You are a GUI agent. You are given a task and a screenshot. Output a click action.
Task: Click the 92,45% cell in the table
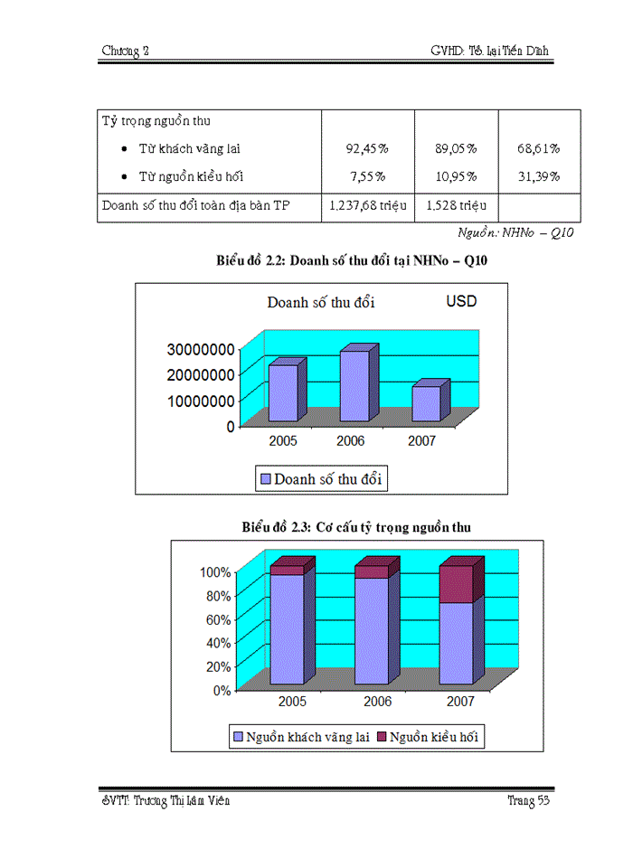point(367,148)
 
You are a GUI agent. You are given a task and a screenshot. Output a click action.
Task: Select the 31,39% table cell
point(540,176)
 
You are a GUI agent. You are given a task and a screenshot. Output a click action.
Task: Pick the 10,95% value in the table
point(458,176)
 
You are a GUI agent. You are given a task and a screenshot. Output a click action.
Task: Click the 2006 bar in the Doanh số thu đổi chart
point(354,386)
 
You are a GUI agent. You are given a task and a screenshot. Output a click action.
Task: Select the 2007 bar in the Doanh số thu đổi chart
point(425,403)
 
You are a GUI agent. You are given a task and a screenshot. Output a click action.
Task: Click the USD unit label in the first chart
point(461,301)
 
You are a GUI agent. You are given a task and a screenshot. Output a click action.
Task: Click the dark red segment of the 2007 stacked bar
point(456,584)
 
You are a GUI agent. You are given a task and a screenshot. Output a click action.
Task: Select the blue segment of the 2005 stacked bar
point(287,628)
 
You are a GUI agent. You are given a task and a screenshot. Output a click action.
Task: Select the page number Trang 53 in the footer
point(529,801)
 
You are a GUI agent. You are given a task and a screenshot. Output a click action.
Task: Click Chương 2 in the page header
point(125,52)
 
